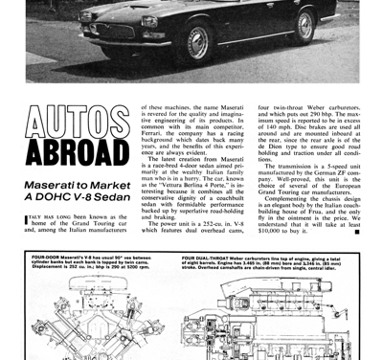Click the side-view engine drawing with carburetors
278,316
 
